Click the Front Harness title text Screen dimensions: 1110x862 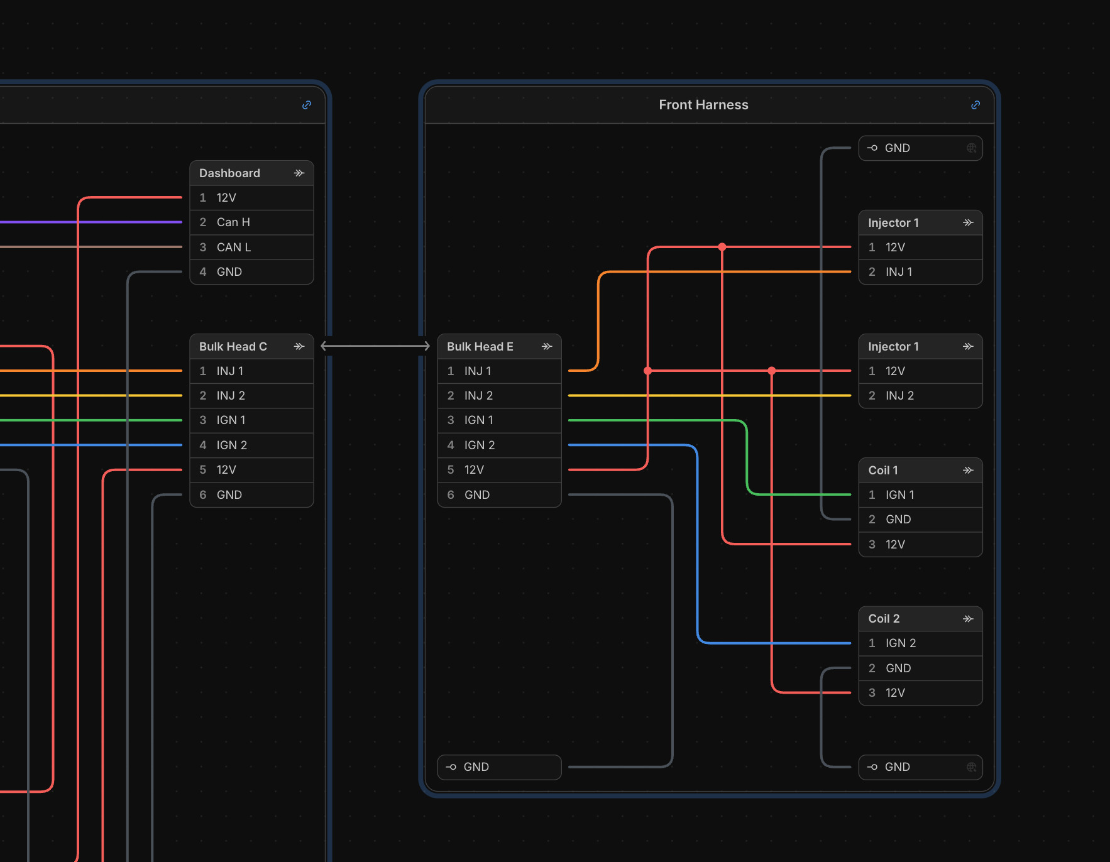tap(703, 105)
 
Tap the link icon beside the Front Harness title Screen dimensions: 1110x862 tap(975, 105)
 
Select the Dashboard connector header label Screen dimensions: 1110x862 tap(229, 173)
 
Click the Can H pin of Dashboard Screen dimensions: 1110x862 tap(251, 222)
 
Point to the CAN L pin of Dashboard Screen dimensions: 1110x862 tap(251, 247)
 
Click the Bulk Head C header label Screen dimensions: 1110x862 tap(233, 347)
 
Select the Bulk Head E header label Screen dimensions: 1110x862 tap(480, 347)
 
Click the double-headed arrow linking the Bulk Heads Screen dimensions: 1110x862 tap(375, 346)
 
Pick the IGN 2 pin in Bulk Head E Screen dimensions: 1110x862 tap(499, 445)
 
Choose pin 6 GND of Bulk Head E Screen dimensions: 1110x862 tap(499, 494)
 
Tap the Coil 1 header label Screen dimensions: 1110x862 tap(883, 471)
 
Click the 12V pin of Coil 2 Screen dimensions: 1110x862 tap(920, 693)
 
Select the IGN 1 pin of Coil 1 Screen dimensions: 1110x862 tap(920, 494)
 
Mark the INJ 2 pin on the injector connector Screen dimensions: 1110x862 tap(920, 396)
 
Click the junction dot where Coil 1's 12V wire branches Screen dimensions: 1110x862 tap(722, 247)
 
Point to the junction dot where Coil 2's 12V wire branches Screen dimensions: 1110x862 tap(772, 371)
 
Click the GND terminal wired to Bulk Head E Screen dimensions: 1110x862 tap(499, 767)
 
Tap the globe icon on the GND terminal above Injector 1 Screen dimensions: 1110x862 tap(971, 148)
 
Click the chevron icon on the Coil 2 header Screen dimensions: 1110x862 tap(968, 619)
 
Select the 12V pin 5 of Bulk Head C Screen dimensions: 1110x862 tap(251, 470)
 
